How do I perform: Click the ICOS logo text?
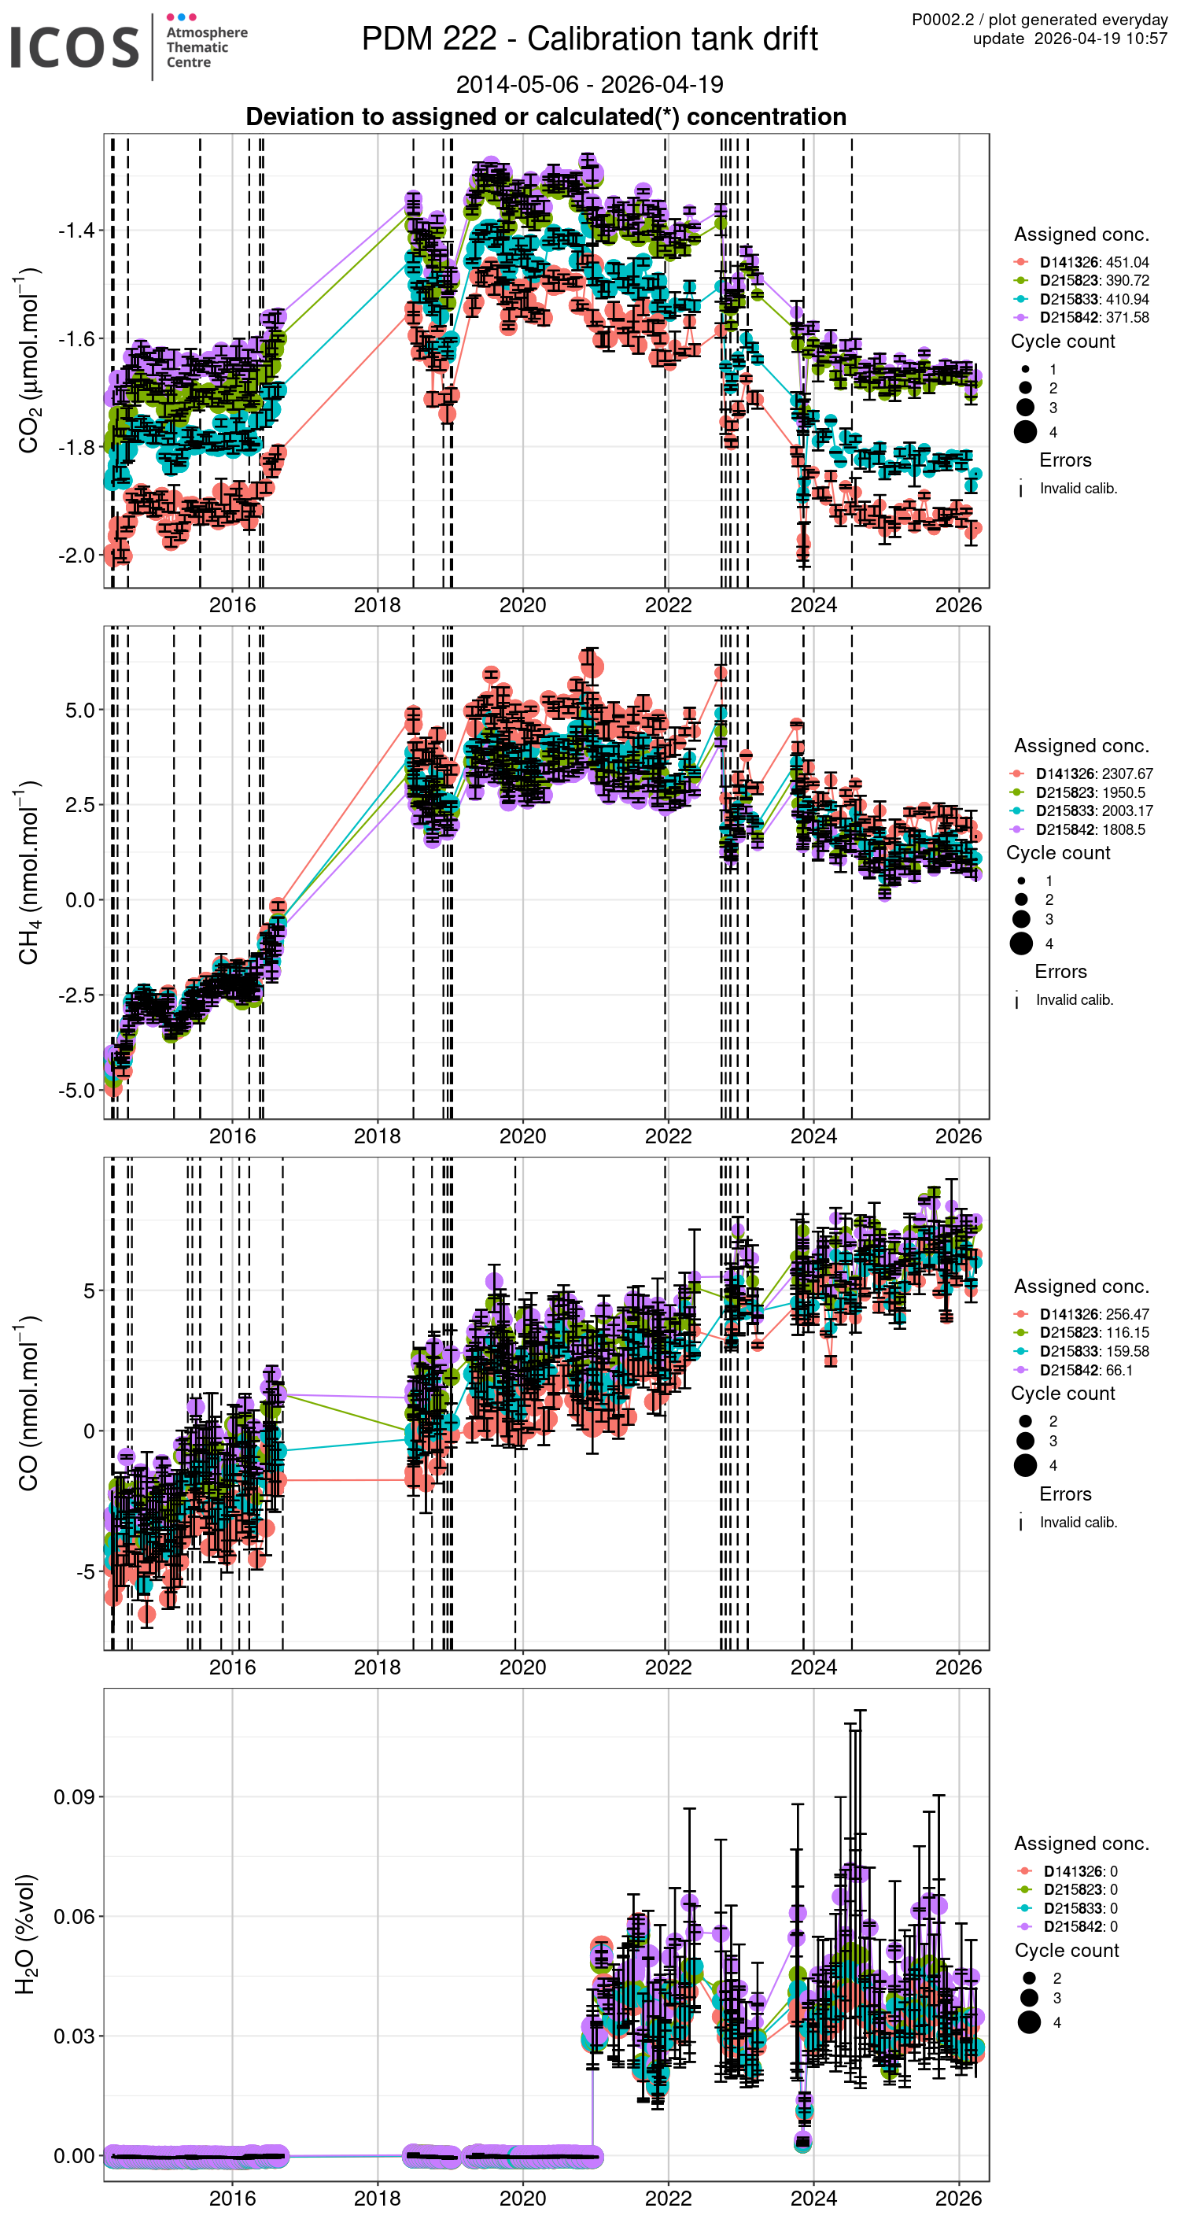click(74, 46)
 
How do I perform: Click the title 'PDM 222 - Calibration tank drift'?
click(589, 39)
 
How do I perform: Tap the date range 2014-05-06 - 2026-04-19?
click(589, 84)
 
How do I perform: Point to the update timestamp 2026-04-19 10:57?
click(1100, 39)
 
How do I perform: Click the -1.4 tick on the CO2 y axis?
click(76, 230)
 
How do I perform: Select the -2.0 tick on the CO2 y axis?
click(76, 556)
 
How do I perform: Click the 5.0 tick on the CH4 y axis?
click(79, 710)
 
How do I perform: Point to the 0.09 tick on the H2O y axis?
click(74, 1797)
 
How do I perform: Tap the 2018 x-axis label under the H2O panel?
click(378, 2198)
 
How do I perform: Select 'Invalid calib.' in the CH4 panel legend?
click(1074, 999)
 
